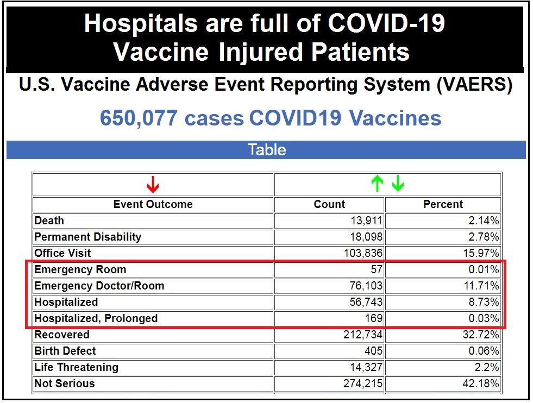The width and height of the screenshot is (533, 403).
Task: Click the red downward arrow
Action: (153, 185)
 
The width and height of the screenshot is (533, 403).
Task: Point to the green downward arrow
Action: (398, 185)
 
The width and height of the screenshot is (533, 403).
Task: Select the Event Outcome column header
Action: (153, 205)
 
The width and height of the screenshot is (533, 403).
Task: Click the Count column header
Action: (329, 205)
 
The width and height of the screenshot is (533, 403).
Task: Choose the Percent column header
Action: (443, 205)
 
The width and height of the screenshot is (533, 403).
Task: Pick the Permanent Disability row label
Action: (87, 237)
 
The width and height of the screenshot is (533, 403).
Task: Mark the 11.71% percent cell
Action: (480, 286)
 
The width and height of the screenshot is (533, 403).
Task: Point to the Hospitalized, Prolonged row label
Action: (96, 319)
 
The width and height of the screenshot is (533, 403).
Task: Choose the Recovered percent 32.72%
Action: (480, 335)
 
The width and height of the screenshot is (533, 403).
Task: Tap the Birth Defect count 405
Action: (373, 351)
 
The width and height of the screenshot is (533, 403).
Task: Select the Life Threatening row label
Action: (76, 368)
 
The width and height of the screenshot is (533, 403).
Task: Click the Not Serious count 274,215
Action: (360, 384)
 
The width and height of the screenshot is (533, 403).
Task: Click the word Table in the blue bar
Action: (266, 150)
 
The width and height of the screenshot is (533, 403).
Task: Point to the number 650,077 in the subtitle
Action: (139, 118)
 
